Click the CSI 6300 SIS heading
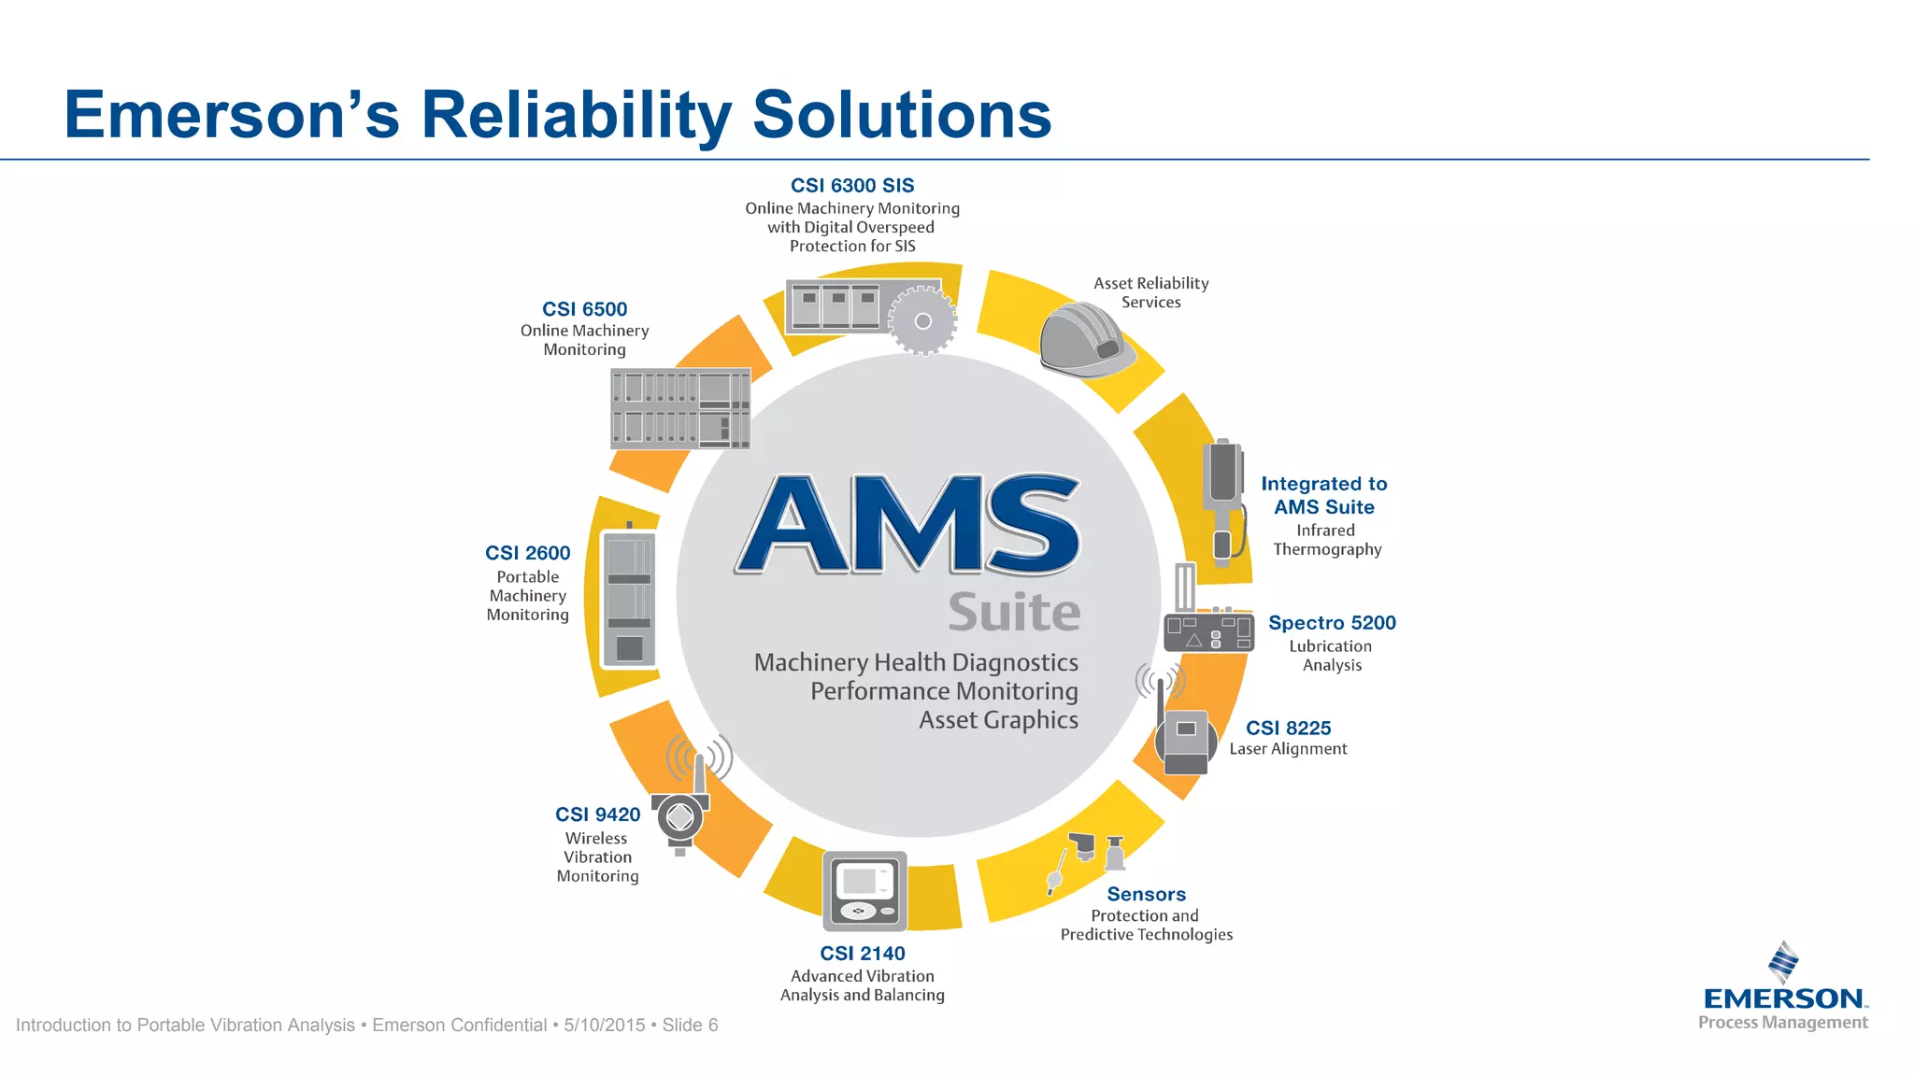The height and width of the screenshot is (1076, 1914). tap(852, 186)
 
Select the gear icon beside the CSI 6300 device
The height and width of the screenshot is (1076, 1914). tap(922, 320)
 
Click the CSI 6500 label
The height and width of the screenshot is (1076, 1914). tap(584, 309)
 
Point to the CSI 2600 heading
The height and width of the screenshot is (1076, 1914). tap(527, 553)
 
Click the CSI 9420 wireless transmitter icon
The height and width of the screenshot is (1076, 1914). tap(682, 813)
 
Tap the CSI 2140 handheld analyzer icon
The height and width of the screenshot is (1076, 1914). tap(864, 890)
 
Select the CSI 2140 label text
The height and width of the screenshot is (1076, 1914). tap(862, 954)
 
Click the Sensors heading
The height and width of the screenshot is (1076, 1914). tap(1146, 895)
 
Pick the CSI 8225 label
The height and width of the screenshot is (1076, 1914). tap(1288, 729)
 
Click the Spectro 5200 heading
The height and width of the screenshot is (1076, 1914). tap(1332, 623)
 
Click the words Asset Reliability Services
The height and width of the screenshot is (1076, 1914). tap(1150, 292)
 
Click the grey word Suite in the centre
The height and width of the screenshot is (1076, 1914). tap(1014, 613)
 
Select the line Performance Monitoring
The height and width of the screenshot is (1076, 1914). tap(944, 691)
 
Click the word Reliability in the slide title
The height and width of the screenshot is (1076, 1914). tap(577, 115)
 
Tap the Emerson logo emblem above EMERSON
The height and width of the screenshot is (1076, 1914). tap(1783, 962)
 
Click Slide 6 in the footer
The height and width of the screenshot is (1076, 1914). tap(690, 1026)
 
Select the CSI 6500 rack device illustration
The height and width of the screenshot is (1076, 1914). tap(680, 408)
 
